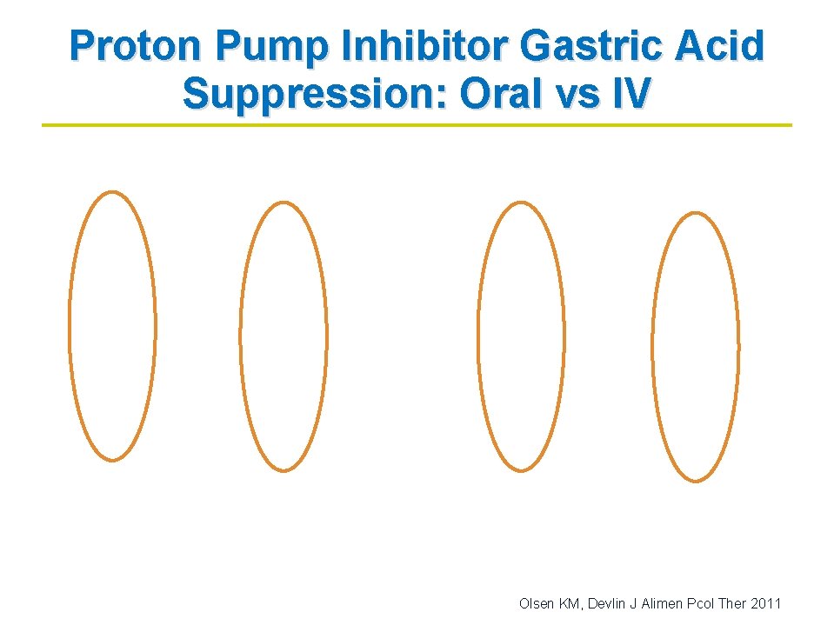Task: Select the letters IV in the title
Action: pos(631,94)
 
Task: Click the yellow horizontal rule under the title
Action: pos(417,125)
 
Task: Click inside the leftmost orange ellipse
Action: pos(112,326)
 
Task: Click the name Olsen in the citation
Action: pos(534,602)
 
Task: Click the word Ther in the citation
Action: pos(733,602)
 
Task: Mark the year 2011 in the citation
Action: pos(766,602)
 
